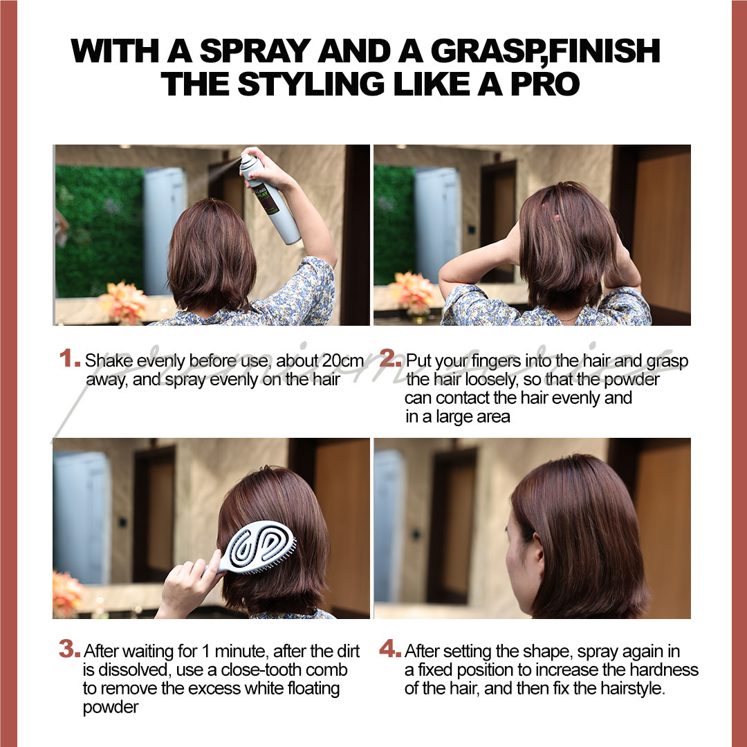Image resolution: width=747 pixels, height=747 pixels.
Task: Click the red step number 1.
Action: (x=69, y=359)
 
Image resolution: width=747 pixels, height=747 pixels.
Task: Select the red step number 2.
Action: (x=390, y=359)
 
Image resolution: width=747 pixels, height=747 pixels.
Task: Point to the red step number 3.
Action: (x=69, y=650)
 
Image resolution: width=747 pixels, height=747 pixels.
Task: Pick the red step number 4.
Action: (x=390, y=650)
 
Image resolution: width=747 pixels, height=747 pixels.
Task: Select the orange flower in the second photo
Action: (x=413, y=290)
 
